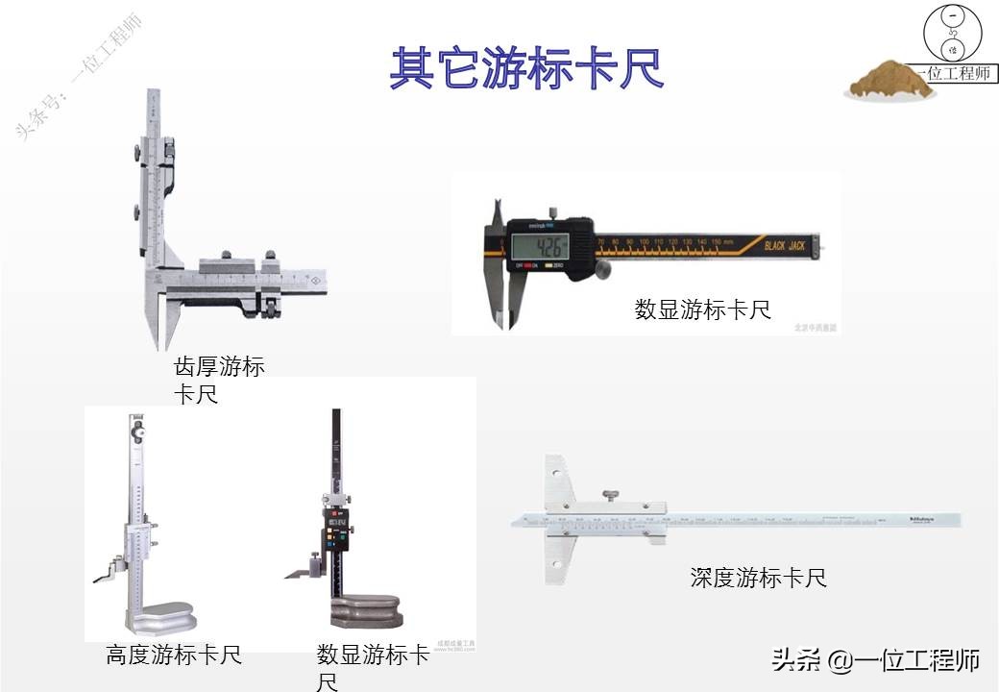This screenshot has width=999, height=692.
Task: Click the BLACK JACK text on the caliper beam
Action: [787, 245]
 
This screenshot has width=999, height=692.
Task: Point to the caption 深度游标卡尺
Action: [758, 578]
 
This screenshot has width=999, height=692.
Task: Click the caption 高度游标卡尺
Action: [174, 655]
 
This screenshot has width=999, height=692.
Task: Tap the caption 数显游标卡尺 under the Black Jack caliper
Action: [702, 309]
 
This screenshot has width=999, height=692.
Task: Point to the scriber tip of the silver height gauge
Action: [98, 579]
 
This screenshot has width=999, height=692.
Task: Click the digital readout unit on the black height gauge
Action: [339, 533]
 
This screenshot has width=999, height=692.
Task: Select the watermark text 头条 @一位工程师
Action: [875, 661]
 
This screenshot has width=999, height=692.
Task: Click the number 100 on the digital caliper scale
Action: [644, 241]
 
